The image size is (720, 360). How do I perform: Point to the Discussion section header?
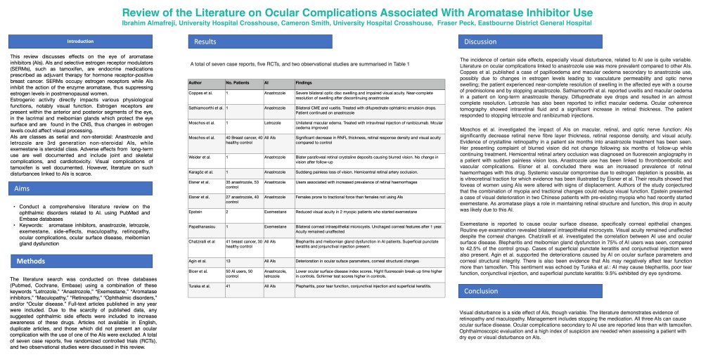coord(481,42)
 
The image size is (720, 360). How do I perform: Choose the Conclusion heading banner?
coord(482,291)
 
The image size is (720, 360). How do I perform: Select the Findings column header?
coord(304,83)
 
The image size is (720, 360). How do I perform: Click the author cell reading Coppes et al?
coord(201,94)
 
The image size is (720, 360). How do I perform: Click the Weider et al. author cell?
coord(200,158)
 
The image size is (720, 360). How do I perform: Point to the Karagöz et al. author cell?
coord(201,172)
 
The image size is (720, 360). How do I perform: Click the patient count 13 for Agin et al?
coord(229,260)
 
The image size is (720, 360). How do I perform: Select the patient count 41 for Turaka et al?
coord(229,287)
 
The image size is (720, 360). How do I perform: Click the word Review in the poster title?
coord(143,13)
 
